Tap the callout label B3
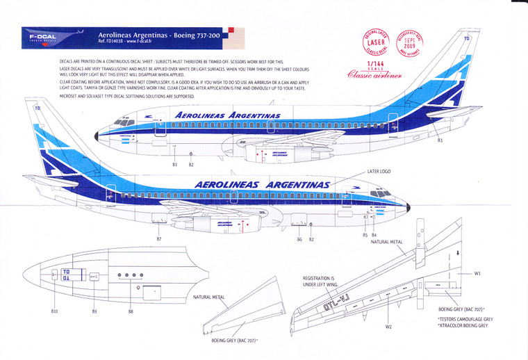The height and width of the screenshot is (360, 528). [x=440, y=141]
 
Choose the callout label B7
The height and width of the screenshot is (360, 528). [x=159, y=239]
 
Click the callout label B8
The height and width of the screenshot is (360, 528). [x=131, y=312]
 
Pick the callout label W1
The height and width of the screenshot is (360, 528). [x=478, y=273]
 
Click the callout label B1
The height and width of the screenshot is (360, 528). [x=175, y=164]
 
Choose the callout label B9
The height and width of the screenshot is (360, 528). [x=94, y=312]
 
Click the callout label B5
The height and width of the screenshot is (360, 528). [x=365, y=236]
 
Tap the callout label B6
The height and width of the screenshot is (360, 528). [x=299, y=239]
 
